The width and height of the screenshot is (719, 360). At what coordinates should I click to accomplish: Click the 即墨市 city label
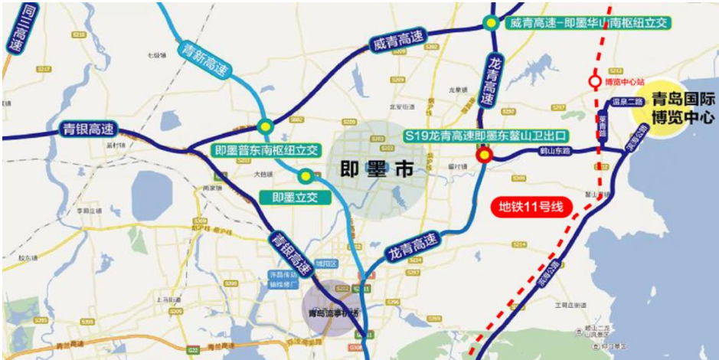pos(375,169)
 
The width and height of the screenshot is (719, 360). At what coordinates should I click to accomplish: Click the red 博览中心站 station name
pos(623,80)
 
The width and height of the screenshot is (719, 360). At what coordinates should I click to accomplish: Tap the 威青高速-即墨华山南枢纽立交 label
pos(587,24)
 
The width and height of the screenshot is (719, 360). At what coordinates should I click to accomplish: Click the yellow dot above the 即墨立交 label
pos(306,176)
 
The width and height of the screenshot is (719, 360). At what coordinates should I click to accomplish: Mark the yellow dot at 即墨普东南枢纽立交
pos(265,126)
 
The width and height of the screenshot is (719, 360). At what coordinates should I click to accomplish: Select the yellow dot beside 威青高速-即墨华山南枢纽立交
pos(489,24)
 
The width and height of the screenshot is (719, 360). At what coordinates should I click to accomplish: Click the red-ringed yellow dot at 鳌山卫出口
pos(484,157)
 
